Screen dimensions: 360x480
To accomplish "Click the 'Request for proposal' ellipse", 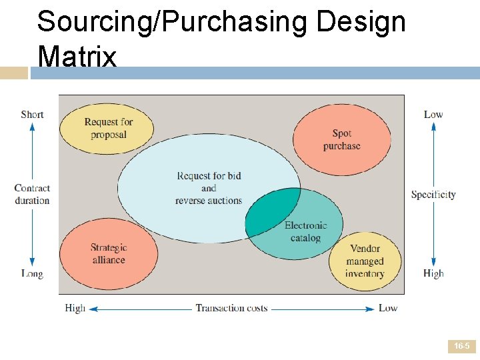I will pyautogui.click(x=107, y=129).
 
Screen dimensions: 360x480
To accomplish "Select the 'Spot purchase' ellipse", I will pyautogui.click(x=341, y=140).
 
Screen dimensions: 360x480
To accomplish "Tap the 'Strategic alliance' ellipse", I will pyautogui.click(x=109, y=253).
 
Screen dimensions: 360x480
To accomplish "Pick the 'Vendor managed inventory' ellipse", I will pyautogui.click(x=364, y=261).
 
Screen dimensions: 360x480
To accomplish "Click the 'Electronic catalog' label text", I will pyautogui.click(x=306, y=231).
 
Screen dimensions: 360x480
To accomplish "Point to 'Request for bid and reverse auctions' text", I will pyautogui.click(x=209, y=188).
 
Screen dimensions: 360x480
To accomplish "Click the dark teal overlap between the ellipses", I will pyautogui.click(x=270, y=212).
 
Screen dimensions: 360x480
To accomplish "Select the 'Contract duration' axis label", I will pyautogui.click(x=32, y=194).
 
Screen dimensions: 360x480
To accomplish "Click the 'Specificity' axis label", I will pyautogui.click(x=433, y=195).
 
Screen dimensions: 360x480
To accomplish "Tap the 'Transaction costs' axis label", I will pyautogui.click(x=231, y=308).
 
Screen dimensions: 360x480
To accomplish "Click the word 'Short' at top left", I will pyautogui.click(x=32, y=114).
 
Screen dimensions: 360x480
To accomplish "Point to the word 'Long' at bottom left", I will pyautogui.click(x=32, y=273).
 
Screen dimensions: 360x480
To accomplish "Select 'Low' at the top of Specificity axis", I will pyautogui.click(x=433, y=114).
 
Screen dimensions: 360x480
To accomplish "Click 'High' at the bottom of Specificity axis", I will pyautogui.click(x=433, y=273).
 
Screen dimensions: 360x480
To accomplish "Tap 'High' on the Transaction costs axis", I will pyautogui.click(x=75, y=308).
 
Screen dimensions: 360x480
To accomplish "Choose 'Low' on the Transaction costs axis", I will pyautogui.click(x=388, y=308).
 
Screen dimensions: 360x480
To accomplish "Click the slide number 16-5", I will pyautogui.click(x=461, y=347).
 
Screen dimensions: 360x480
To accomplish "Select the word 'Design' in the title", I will pyautogui.click(x=361, y=21).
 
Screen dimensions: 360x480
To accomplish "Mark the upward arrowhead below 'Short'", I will pyautogui.click(x=32, y=126).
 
